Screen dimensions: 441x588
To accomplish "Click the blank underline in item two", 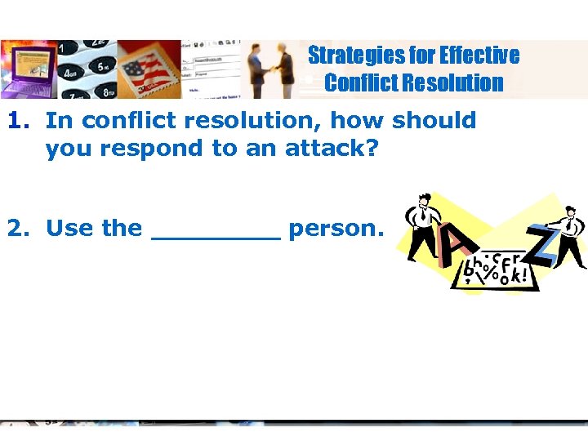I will click(216, 237).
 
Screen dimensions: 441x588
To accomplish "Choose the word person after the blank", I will click(335, 229).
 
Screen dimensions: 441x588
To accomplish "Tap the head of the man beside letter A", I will click(424, 201).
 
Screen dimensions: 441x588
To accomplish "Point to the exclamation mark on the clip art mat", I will click(519, 276).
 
